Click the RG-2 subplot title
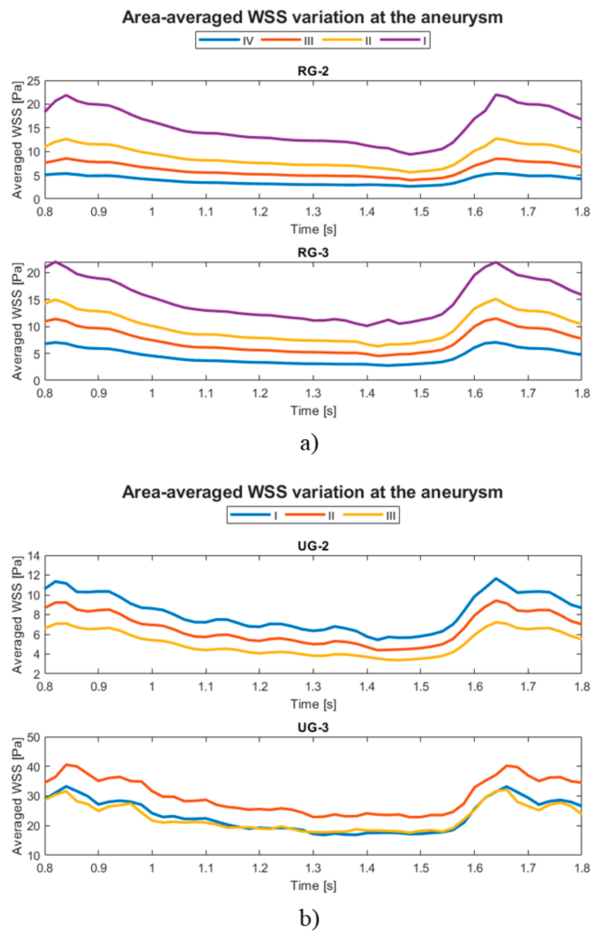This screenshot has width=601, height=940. click(x=313, y=71)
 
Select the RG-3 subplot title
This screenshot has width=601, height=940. click(x=313, y=252)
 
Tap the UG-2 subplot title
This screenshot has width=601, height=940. click(x=313, y=546)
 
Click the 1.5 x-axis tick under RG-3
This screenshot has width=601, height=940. click(x=421, y=393)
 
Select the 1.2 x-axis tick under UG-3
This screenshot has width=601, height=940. click(x=260, y=869)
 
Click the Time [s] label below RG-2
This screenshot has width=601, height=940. click(x=313, y=229)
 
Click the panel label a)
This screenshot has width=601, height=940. click(x=309, y=443)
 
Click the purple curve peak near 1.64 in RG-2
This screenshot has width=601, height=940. click(x=495, y=95)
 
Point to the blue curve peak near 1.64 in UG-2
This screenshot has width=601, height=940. click(x=495, y=578)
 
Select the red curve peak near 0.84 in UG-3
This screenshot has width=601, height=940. click(x=66, y=764)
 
